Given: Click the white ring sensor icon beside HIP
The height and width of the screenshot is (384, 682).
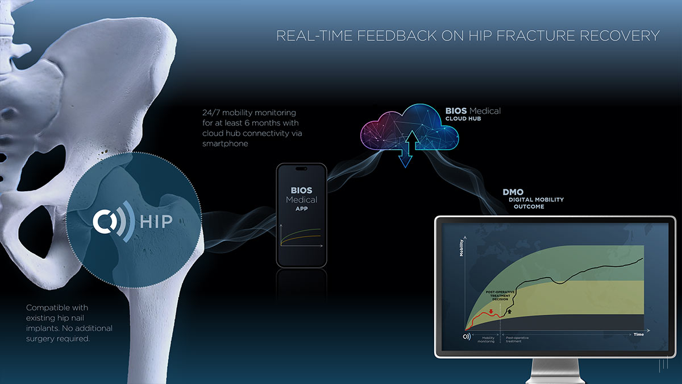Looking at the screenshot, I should [x=106, y=221].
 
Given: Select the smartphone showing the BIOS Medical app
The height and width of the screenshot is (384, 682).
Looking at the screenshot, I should [x=301, y=215].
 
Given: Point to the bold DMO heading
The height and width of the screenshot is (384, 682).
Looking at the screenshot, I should [x=513, y=192].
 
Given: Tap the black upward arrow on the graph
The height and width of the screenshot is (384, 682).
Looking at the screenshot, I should [x=509, y=311].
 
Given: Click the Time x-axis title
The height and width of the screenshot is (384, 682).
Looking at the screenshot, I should [x=638, y=335].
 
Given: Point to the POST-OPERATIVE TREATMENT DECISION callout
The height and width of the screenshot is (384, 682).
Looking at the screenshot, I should [x=500, y=296].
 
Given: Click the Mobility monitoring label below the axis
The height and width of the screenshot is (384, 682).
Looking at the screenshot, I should [x=484, y=340].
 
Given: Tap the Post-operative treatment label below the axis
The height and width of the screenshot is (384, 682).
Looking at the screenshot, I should [x=517, y=340].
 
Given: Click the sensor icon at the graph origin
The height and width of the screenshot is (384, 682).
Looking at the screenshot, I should [x=467, y=336].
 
